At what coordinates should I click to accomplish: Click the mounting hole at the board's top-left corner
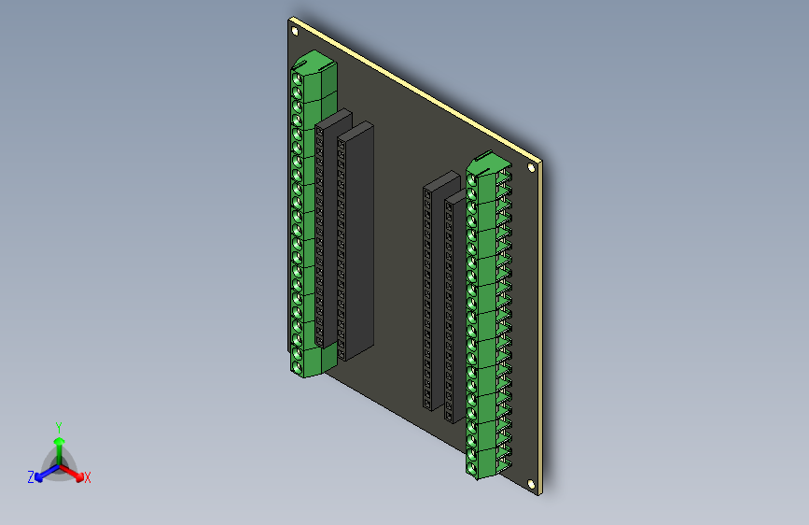pos(296,30)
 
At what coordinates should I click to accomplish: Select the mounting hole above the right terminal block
pos(532,169)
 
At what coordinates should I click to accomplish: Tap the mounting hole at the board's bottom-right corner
pos(532,485)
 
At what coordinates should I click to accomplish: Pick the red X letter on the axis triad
pos(88,478)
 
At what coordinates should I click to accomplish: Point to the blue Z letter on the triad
pos(31,477)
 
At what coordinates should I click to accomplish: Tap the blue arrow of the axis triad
pos(43,473)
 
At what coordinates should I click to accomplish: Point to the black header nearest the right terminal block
pos(453,308)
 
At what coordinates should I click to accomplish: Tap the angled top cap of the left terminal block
pos(313,63)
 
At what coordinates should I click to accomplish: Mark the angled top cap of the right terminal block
pos(487,163)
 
